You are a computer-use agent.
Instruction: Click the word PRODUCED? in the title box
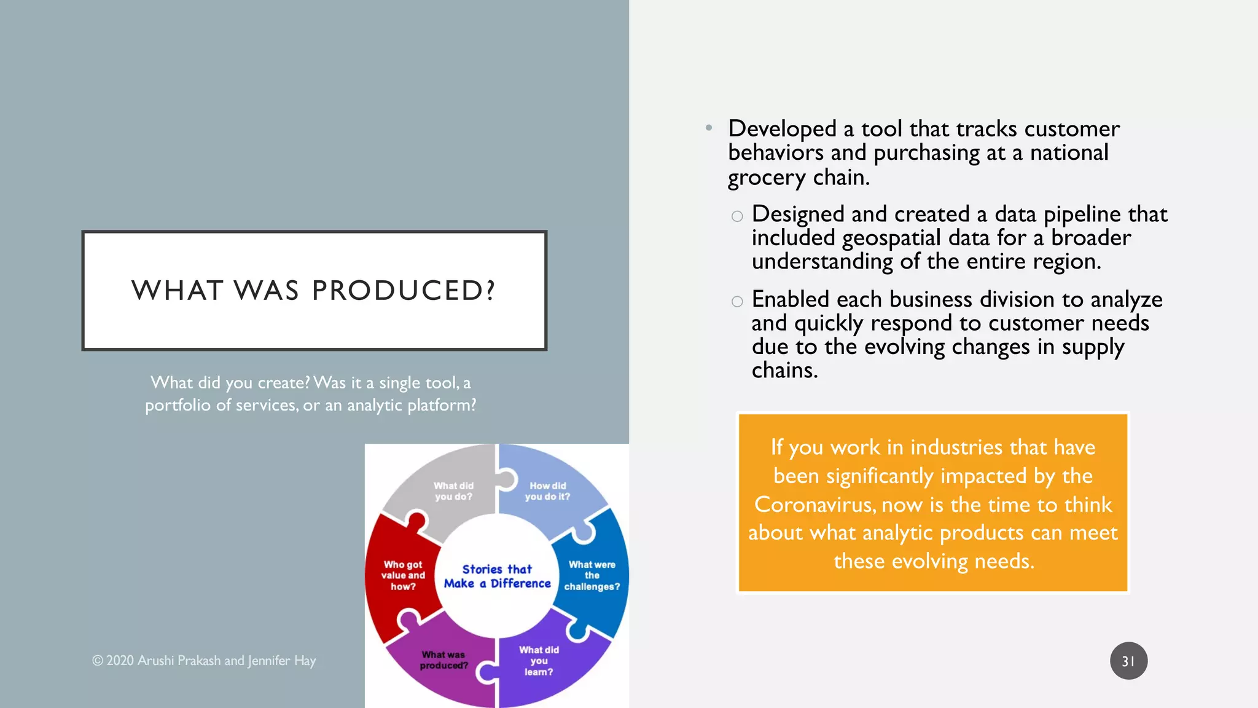(403, 290)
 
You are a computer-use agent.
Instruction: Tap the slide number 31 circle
(1128, 661)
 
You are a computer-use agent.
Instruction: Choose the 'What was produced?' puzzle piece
(443, 660)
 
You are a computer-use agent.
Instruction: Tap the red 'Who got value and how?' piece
(403, 575)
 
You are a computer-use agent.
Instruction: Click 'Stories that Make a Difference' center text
(497, 576)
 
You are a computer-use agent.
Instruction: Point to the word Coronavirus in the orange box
(815, 505)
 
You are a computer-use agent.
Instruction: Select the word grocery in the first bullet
(767, 178)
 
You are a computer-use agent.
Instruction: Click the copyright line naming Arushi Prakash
(204, 661)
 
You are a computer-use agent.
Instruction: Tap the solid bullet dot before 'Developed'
(709, 128)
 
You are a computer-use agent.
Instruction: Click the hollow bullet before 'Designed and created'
(737, 216)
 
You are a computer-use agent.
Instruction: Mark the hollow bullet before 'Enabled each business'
(737, 301)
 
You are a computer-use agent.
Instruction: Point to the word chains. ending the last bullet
(784, 371)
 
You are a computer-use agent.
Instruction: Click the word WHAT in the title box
(177, 290)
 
